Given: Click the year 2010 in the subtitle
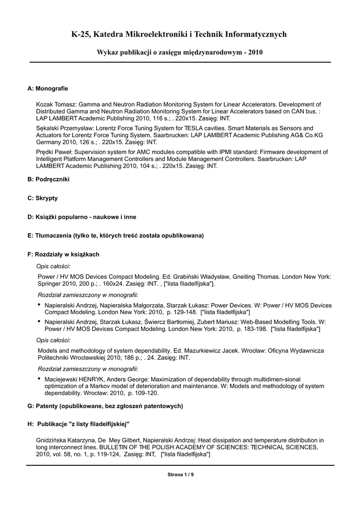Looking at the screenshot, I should (256, 52).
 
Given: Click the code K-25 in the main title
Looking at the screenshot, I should (82, 34).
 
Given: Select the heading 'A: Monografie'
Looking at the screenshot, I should (48, 88).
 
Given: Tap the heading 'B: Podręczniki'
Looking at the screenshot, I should (48, 179).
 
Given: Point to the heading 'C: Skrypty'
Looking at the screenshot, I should (43, 198).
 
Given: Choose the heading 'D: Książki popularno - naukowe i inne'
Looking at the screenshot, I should (82, 217).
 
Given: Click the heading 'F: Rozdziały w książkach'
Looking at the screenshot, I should (64, 254).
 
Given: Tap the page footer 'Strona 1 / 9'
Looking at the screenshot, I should (180, 475).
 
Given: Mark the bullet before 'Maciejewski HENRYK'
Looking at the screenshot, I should (40, 379).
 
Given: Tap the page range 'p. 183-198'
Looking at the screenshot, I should (252, 329).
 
